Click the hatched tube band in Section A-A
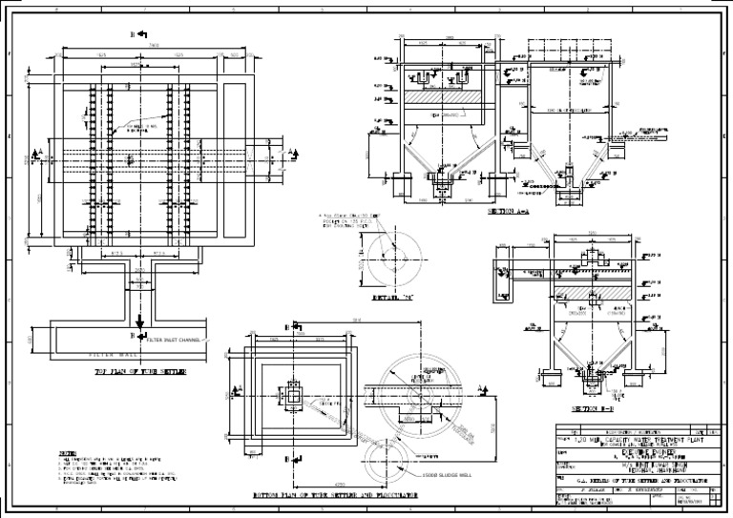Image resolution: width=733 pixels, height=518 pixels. point(440,97)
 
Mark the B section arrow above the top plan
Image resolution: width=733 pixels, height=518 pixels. point(140,33)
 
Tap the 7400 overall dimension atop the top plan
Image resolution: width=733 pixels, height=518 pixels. point(140,44)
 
